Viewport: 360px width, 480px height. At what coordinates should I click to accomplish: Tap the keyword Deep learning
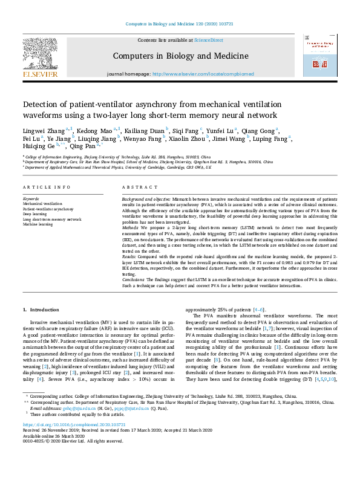(x=36, y=213)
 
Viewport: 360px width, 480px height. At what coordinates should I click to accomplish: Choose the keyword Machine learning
(x=39, y=224)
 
